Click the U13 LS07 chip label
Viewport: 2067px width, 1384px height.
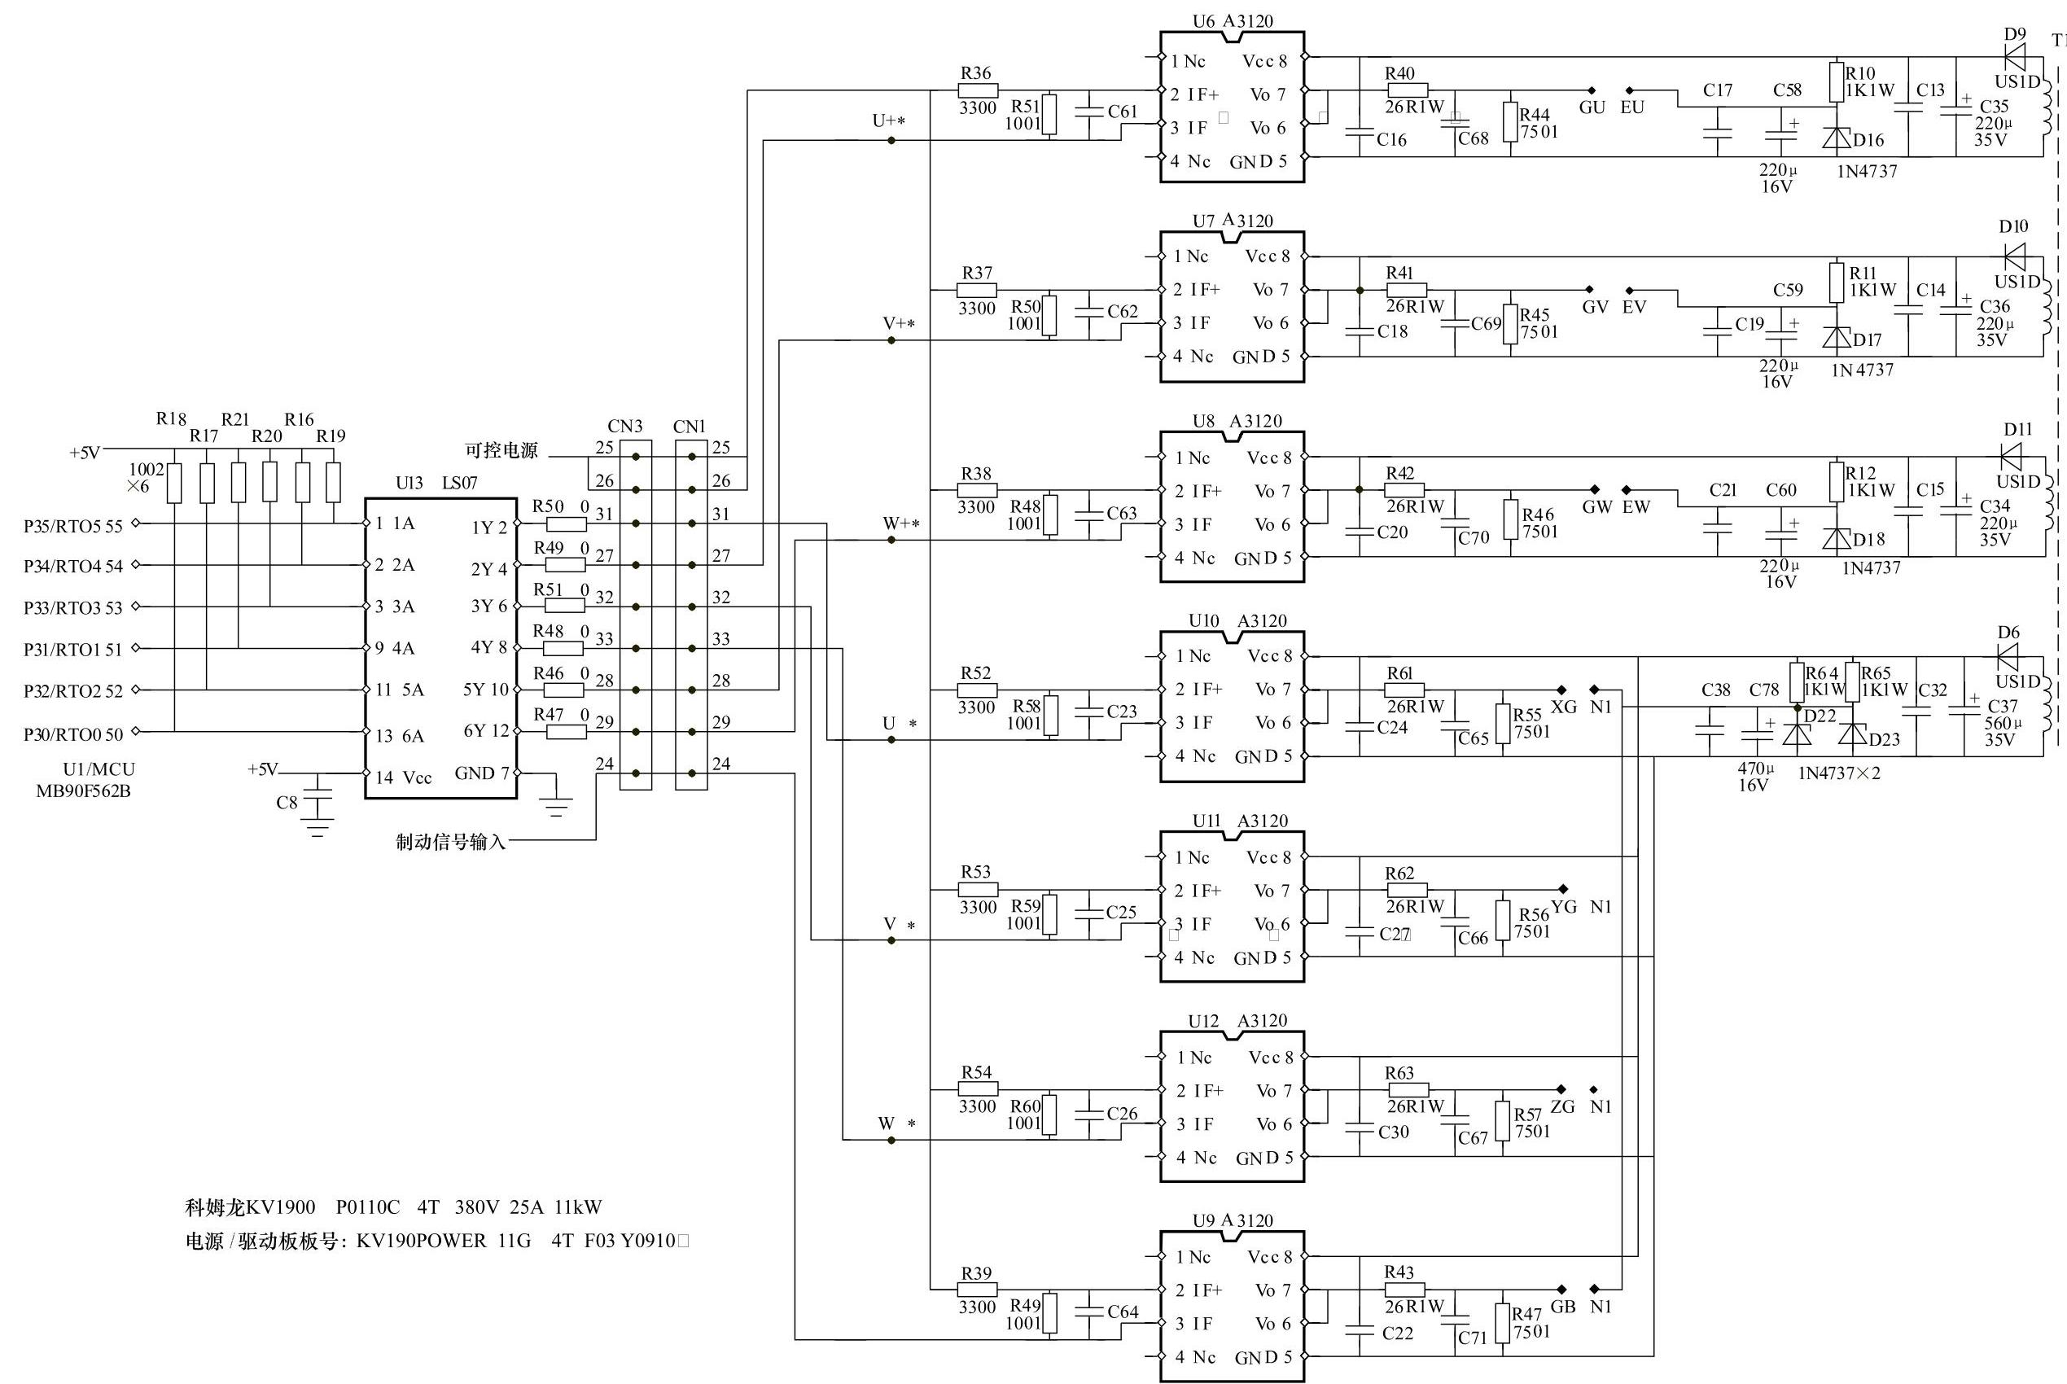coord(436,483)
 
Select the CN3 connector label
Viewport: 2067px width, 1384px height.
coord(625,427)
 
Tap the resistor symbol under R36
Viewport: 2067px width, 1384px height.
coord(977,90)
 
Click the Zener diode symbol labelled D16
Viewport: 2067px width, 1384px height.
coord(1837,138)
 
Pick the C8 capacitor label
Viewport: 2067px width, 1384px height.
coord(287,803)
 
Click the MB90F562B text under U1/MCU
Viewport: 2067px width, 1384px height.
coord(83,791)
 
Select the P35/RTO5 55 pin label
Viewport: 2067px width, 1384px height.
coord(73,526)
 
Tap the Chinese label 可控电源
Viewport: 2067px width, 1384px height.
coord(501,450)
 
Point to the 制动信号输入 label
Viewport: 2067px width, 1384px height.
coord(451,842)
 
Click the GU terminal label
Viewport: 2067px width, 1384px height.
coord(1592,107)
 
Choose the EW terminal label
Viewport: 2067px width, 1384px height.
coord(1636,506)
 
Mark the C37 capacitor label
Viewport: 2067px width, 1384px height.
coord(2003,706)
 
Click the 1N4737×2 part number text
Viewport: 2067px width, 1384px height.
coord(1839,773)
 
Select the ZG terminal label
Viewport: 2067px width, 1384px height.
coord(1562,1107)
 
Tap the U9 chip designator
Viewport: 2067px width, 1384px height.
coord(1204,1220)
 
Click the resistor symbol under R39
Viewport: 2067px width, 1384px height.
coord(977,1290)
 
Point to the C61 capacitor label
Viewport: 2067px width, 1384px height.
coord(1123,112)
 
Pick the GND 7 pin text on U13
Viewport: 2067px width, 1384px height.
coord(482,773)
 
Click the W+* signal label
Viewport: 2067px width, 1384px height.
coord(901,523)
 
